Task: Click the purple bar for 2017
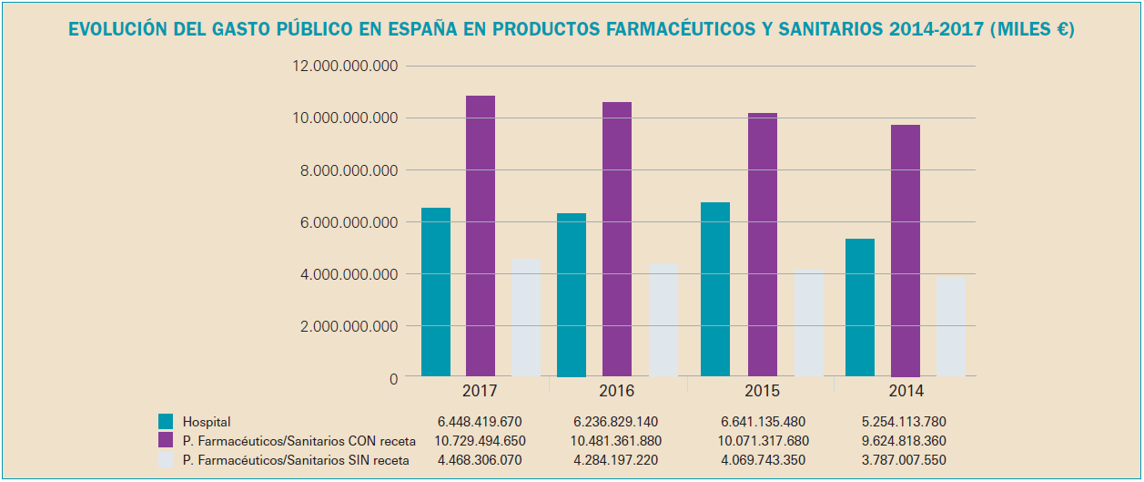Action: (x=481, y=236)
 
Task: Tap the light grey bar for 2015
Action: (x=809, y=323)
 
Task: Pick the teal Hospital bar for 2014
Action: (x=860, y=307)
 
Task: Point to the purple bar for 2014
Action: (x=906, y=251)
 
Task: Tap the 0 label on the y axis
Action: (x=393, y=378)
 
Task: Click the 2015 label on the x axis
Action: (x=761, y=391)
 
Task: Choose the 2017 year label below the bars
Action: (x=479, y=391)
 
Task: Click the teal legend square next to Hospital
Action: (x=166, y=422)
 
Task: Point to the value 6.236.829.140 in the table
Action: (x=616, y=422)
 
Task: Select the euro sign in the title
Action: (x=1058, y=30)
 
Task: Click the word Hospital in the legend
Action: (x=207, y=422)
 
